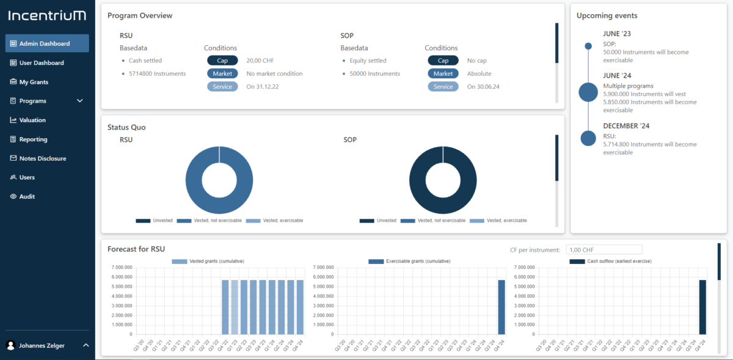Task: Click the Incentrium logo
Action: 47,15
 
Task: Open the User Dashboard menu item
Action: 42,63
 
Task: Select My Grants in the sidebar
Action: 34,82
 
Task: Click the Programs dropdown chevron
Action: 80,101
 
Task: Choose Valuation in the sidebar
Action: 32,120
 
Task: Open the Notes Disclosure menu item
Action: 43,158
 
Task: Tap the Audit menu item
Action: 27,197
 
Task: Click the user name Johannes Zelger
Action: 42,345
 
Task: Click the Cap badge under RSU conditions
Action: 222,61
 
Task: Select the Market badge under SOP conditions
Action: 443,73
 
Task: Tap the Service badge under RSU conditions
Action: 222,87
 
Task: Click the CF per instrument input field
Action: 604,249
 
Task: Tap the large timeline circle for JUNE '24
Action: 588,92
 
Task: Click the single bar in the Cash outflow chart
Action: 702,307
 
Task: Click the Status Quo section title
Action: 126,127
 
